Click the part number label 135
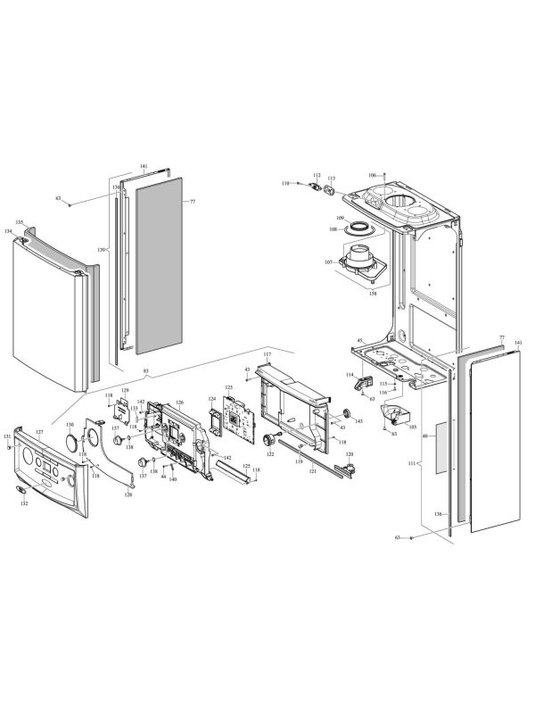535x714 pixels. pyautogui.click(x=19, y=221)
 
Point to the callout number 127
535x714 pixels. pyautogui.click(x=39, y=431)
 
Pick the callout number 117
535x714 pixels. pyautogui.click(x=266, y=355)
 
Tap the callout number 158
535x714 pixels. pyautogui.click(x=373, y=293)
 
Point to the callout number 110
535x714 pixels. pyautogui.click(x=285, y=183)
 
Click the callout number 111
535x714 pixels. pyautogui.click(x=411, y=465)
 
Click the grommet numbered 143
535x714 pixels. pyautogui.click(x=346, y=413)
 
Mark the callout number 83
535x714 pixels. pyautogui.click(x=145, y=369)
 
